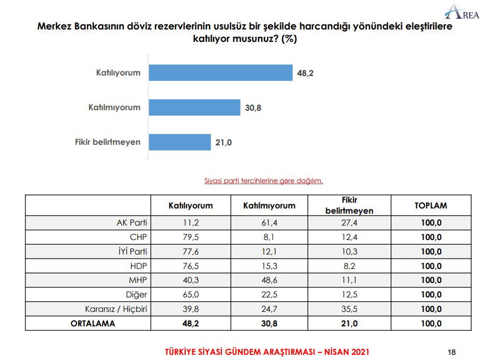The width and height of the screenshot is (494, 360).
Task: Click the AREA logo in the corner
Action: pos(462,12)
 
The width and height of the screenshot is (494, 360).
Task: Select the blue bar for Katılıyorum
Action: pos(220,73)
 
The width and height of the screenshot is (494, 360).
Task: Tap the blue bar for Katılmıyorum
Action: pos(194,108)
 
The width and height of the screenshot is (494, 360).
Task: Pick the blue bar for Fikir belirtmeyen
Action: pos(179,142)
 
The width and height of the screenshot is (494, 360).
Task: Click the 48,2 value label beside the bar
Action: pos(305,73)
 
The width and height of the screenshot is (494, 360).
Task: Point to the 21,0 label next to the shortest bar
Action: pos(223,142)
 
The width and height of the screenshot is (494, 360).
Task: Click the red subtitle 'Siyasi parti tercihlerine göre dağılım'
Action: pos(264,181)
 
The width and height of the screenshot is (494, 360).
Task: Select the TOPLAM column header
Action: pos(430,205)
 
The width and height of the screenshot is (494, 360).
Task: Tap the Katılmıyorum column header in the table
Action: pos(269,205)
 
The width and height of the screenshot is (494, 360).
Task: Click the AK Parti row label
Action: pos(132,223)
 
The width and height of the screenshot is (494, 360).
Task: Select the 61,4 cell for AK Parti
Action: pos(269,223)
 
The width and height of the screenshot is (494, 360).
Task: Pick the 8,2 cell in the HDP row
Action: pos(349,266)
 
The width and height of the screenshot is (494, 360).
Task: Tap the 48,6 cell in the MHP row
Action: pos(269,280)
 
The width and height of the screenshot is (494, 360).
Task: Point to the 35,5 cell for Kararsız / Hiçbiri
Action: pos(349,309)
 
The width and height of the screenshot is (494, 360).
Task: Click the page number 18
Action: pos(452,352)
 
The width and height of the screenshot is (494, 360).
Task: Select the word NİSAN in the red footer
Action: pos(338,352)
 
